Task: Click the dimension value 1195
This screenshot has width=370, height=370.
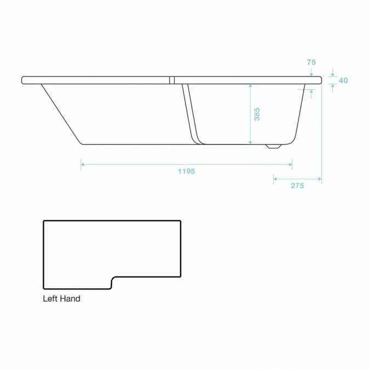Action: click(x=186, y=171)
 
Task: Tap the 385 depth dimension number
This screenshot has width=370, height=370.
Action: click(x=257, y=114)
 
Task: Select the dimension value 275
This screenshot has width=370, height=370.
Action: click(x=297, y=186)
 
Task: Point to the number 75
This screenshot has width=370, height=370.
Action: click(x=311, y=62)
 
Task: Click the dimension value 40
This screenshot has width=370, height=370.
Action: click(x=343, y=81)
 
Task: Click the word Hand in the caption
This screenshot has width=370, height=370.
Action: click(x=71, y=299)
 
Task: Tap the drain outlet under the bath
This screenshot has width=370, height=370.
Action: click(x=272, y=147)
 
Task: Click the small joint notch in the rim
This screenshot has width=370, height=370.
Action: click(x=172, y=80)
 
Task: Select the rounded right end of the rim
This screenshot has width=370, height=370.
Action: click(x=320, y=80)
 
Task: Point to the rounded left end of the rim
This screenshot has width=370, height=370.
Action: click(x=24, y=80)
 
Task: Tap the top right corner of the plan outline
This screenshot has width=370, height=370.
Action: click(x=180, y=221)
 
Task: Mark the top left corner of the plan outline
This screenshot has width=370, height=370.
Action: click(x=44, y=221)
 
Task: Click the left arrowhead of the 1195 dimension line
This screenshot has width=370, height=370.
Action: click(x=83, y=163)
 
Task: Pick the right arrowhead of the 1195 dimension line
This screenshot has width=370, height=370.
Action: click(x=290, y=163)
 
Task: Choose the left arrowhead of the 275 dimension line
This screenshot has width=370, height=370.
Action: click(x=275, y=179)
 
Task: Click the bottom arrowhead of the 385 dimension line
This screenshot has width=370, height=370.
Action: click(x=251, y=142)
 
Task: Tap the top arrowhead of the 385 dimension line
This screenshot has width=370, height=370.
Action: click(x=251, y=86)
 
